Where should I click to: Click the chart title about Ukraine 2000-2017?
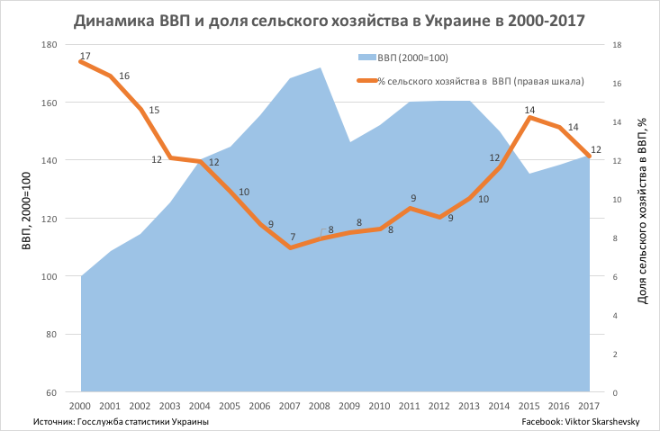pyautogui.click(x=330, y=21)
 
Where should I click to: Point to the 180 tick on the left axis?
pyautogui.click(x=50, y=44)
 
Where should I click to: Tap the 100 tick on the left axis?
pyautogui.click(x=50, y=276)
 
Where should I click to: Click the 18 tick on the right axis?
pyautogui.click(x=617, y=44)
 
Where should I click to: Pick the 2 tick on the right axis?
pyautogui.click(x=615, y=355)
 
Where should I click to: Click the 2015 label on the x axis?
pyautogui.click(x=529, y=406)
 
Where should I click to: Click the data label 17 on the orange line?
pyautogui.click(x=86, y=57)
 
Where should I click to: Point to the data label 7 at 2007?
pyautogui.click(x=292, y=238)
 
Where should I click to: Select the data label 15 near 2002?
pyautogui.click(x=154, y=110)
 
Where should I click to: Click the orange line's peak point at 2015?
pyautogui.click(x=530, y=117)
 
